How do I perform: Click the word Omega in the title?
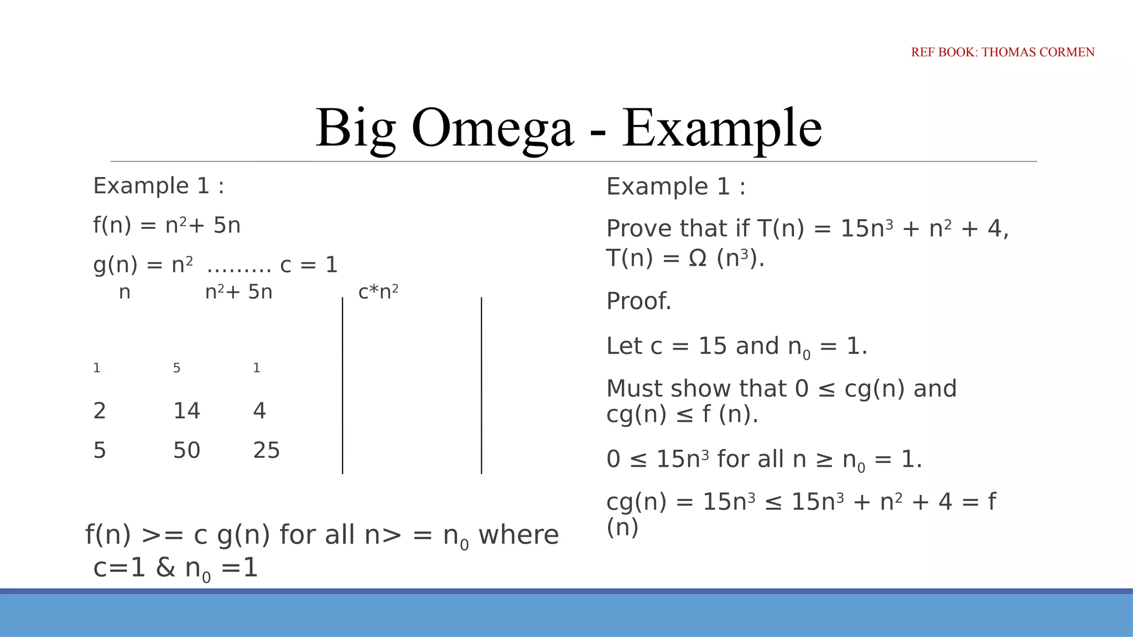pos(492,128)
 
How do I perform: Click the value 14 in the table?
pos(186,411)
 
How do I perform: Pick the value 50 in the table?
pos(186,451)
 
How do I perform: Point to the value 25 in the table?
pos(266,451)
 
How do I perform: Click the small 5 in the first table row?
pos(176,368)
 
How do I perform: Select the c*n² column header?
pos(378,291)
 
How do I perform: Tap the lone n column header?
pos(124,292)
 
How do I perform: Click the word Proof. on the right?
pos(638,301)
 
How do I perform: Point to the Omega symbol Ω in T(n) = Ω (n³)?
pos(698,258)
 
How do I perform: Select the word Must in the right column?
pos(635,389)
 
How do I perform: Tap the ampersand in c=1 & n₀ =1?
pos(165,568)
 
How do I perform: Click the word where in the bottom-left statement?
pos(518,535)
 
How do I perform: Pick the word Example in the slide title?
pos(722,128)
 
